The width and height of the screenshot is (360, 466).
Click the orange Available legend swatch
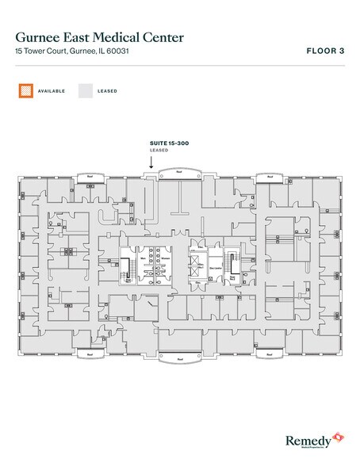(x=24, y=91)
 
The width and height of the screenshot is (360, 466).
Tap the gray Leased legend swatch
(x=84, y=91)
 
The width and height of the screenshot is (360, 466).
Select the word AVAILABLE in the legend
(x=52, y=91)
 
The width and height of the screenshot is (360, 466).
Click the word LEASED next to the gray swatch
(x=108, y=91)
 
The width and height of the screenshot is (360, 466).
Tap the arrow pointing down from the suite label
(x=151, y=161)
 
